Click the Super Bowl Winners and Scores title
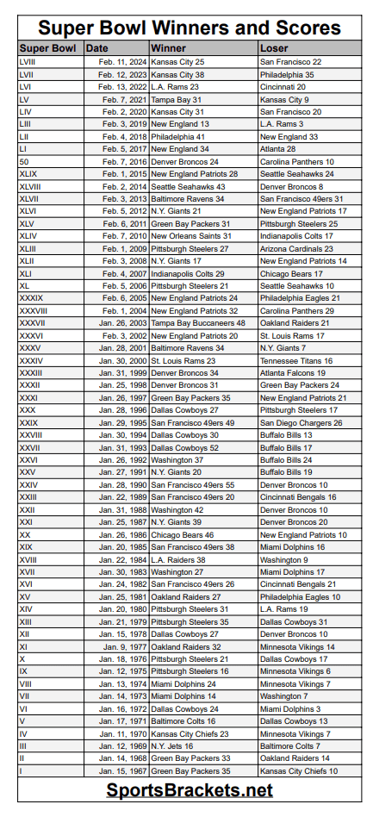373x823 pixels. (189, 28)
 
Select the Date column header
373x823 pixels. (97, 48)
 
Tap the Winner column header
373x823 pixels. (168, 48)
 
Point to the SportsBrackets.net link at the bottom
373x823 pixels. (190, 789)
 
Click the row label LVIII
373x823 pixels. (28, 62)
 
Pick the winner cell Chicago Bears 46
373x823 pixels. (183, 534)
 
